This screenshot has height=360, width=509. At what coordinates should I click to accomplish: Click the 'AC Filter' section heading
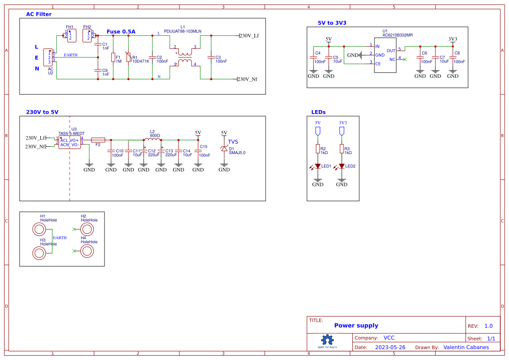click(39, 14)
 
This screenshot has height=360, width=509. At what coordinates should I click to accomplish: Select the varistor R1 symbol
click(128, 57)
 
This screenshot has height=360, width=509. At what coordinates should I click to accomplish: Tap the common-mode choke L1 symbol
click(185, 57)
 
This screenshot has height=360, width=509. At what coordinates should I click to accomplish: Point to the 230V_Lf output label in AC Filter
click(249, 36)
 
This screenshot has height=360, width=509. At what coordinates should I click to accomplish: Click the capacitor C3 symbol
click(211, 57)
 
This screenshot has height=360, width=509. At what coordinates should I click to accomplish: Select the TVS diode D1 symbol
click(224, 149)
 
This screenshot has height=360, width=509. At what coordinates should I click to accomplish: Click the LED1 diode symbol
click(318, 166)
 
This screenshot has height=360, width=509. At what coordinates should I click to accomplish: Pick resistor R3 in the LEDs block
click(342, 149)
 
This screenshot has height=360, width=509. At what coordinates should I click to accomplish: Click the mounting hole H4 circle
click(87, 251)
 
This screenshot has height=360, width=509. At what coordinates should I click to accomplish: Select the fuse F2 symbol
click(98, 140)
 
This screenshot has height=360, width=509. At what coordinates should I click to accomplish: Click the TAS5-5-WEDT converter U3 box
click(70, 142)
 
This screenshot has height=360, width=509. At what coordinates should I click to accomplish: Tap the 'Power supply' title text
click(356, 326)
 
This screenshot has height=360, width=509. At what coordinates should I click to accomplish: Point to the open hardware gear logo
click(327, 340)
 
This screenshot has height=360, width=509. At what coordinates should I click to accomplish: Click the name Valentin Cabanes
click(466, 347)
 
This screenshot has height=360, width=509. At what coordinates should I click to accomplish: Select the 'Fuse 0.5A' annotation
click(121, 32)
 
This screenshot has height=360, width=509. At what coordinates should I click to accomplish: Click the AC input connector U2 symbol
click(48, 57)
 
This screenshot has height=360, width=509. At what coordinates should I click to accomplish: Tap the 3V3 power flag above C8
click(453, 40)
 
